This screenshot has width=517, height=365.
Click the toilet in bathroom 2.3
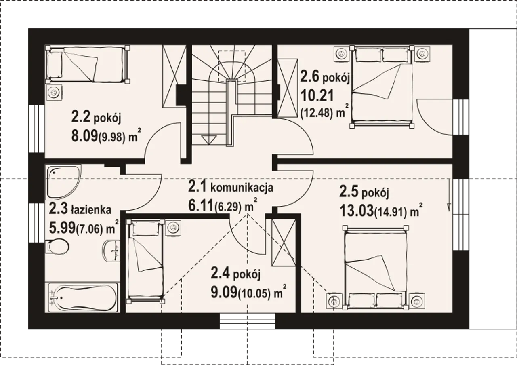[57, 247]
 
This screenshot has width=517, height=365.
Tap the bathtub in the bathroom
[82, 297]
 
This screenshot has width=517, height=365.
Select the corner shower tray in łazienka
[63, 182]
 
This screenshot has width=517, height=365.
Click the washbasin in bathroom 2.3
[111, 251]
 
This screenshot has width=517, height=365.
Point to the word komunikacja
[242, 188]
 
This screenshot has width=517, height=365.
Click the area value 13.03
[356, 211]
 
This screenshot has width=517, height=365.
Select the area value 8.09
[84, 136]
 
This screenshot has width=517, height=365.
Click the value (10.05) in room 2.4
[254, 293]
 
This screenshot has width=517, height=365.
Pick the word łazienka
[91, 210]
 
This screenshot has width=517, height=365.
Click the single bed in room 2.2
[88, 65]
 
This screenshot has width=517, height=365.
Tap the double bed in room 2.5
[376, 268]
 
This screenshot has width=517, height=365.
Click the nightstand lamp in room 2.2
[55, 92]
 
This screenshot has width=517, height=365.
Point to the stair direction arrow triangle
[209, 140]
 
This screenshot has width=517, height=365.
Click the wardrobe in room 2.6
[287, 88]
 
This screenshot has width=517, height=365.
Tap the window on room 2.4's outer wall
[248, 321]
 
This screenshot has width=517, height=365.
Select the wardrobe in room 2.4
[284, 243]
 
